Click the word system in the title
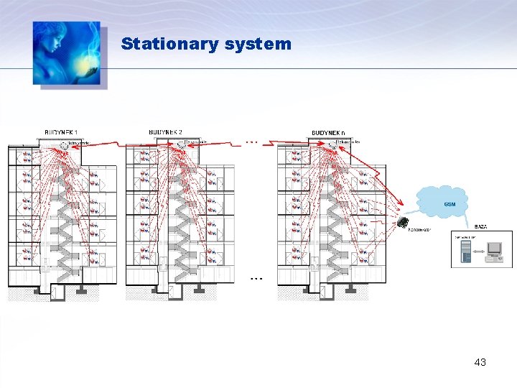[x=258, y=44]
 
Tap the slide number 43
[x=480, y=362]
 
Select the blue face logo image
[x=67, y=53]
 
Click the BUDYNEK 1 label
[x=61, y=132]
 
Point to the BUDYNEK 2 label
[x=165, y=132]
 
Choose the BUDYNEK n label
[x=327, y=133]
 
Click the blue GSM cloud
[x=445, y=202]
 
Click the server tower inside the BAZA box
[x=465, y=250]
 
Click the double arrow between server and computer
[x=478, y=251]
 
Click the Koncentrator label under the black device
[x=419, y=231]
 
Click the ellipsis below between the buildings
[x=257, y=277]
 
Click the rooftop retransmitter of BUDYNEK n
[x=331, y=143]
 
